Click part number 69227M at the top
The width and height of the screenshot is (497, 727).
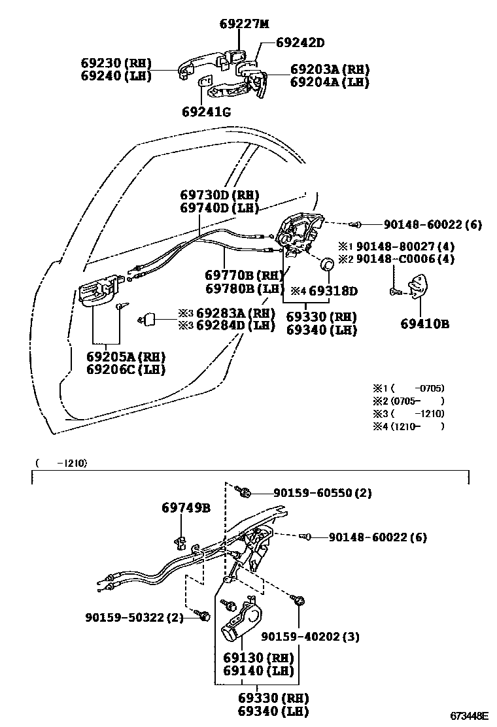[x=244, y=24]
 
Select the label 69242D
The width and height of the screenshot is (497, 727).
[x=300, y=43]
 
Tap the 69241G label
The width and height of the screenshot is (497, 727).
[x=207, y=112]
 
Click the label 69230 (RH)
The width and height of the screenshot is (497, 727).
[x=116, y=63]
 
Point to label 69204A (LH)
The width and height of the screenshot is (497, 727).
[x=330, y=82]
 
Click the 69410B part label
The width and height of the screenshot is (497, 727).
[x=424, y=323]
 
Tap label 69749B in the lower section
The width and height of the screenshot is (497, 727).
[x=186, y=507]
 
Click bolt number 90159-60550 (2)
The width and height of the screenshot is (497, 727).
[x=313, y=494]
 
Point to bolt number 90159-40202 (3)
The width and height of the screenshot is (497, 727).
[x=310, y=636]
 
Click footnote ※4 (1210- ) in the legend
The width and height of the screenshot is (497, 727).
[x=408, y=426]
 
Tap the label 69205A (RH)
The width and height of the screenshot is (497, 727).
[x=126, y=356]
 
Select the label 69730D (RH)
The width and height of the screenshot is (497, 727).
[x=219, y=195]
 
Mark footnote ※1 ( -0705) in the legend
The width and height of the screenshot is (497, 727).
[x=408, y=388]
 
